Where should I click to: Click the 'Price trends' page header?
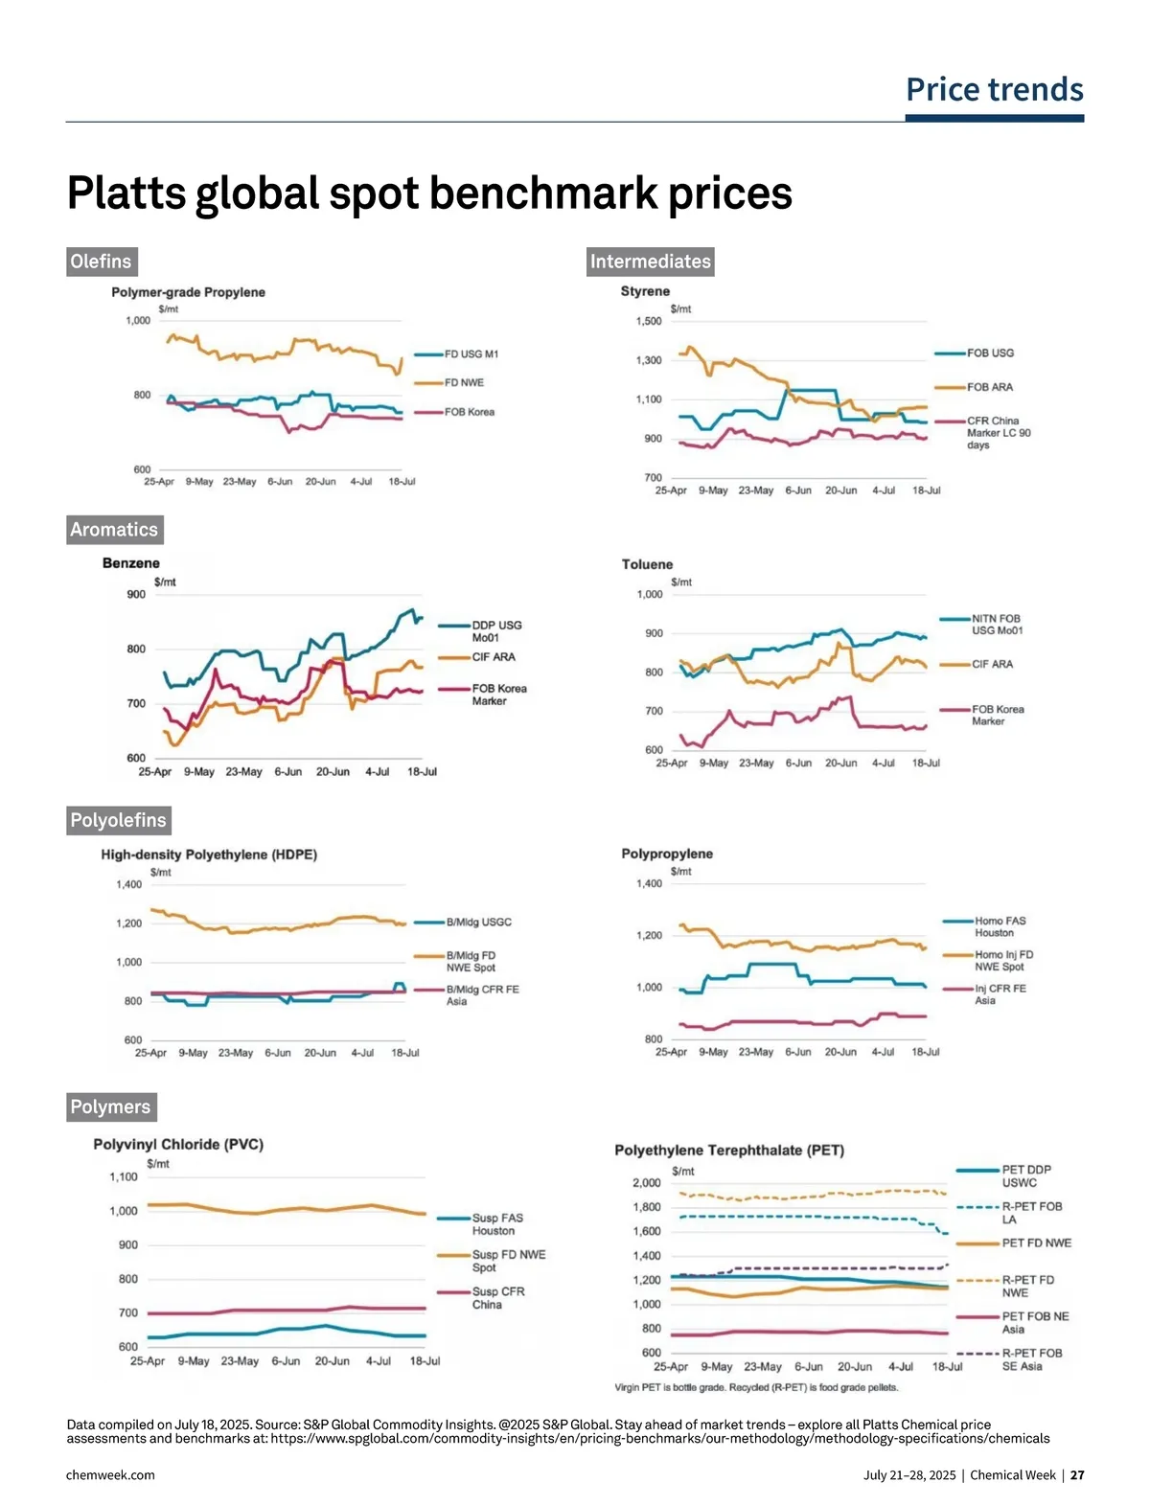994,90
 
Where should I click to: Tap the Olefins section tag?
101,262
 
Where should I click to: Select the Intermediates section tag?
650,262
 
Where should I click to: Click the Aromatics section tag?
113,530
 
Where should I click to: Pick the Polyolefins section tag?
118,820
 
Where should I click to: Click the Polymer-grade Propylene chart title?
188,292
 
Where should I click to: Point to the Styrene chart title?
645,291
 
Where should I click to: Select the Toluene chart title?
647,564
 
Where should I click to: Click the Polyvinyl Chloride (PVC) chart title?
178,1144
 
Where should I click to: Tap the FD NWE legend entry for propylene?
464,383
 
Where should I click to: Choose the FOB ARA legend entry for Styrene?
989,387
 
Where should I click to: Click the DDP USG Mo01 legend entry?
495,631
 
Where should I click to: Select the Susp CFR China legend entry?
497,1298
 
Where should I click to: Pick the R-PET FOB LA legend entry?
1031,1213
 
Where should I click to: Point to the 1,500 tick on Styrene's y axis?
649,322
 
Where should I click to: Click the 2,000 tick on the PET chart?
647,1183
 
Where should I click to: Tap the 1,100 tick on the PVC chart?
124,1177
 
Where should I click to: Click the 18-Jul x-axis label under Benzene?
422,772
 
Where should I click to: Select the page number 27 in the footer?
1077,1475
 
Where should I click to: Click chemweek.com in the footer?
110,1475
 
